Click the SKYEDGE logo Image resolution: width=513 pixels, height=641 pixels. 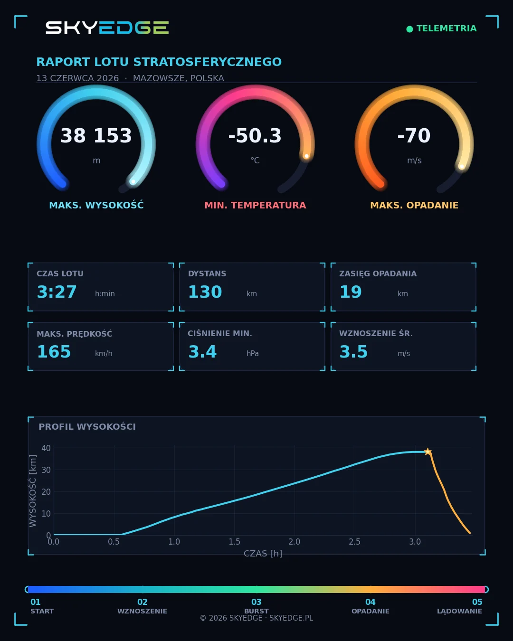click(107, 28)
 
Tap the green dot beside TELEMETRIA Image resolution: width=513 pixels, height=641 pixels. click(409, 29)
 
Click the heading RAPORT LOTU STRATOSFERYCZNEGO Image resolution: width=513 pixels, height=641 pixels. click(159, 62)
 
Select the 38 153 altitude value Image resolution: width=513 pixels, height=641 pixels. click(96, 135)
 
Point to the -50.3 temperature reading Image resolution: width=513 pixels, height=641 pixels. click(255, 135)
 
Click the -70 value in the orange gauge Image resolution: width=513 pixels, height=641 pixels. click(414, 135)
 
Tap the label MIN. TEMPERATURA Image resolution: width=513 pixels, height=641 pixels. click(255, 205)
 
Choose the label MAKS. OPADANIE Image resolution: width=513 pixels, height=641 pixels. click(414, 205)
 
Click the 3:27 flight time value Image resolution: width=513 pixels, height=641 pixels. click(57, 292)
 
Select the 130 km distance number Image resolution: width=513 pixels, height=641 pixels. click(205, 292)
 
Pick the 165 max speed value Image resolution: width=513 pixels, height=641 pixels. click(54, 352)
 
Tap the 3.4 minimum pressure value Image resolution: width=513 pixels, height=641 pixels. click(202, 352)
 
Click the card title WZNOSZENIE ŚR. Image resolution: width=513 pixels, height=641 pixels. click(376, 333)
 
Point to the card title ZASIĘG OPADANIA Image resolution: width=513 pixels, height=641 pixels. click(378, 273)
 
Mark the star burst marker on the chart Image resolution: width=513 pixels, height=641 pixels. click(428, 452)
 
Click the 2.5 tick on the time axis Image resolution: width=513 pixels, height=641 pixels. click(354, 541)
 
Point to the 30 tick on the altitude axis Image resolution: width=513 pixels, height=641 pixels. click(46, 470)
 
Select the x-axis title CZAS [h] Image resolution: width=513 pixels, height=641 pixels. click(263, 554)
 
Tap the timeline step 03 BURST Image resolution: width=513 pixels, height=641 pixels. click(256, 606)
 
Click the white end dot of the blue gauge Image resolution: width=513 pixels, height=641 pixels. click(133, 182)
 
